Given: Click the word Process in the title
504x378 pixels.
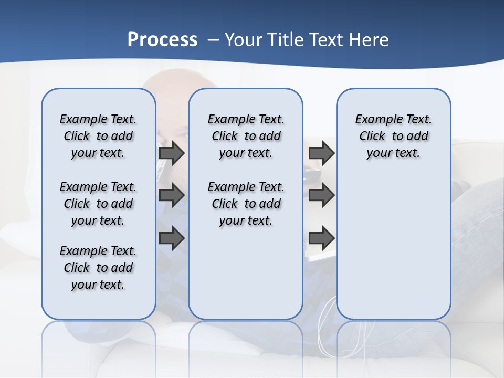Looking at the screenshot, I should (x=162, y=40).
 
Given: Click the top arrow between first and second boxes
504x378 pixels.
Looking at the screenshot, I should (x=172, y=153).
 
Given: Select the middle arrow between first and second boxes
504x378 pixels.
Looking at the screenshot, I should (x=172, y=195).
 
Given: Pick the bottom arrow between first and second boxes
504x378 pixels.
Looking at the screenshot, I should (x=172, y=238).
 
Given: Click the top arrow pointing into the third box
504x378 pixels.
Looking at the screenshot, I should (x=321, y=153).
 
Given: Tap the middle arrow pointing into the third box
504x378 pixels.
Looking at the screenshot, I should (x=321, y=195).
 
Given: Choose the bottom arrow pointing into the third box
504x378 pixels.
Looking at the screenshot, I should (x=321, y=238).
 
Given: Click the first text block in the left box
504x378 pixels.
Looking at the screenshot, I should (x=98, y=136).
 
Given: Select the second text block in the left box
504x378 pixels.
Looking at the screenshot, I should (x=98, y=204).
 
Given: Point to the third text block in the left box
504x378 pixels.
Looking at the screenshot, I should (x=98, y=268).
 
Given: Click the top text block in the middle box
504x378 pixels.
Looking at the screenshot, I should (x=246, y=136).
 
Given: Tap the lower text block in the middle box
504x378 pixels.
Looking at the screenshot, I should (x=246, y=204).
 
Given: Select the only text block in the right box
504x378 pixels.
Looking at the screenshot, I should (x=393, y=136).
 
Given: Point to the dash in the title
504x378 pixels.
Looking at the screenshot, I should (x=213, y=40).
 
